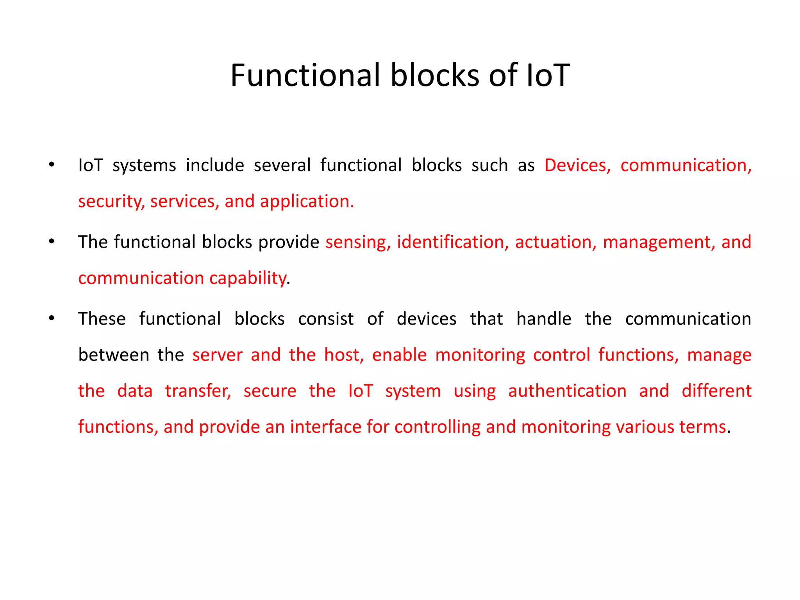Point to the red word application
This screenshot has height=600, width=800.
[x=307, y=202]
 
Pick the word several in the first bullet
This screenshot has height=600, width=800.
[x=282, y=165]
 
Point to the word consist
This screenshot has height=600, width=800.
[x=326, y=319]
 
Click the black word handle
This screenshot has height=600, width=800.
[x=544, y=319]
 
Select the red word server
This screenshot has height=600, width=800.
[x=217, y=355]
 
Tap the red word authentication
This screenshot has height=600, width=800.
[x=567, y=391]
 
